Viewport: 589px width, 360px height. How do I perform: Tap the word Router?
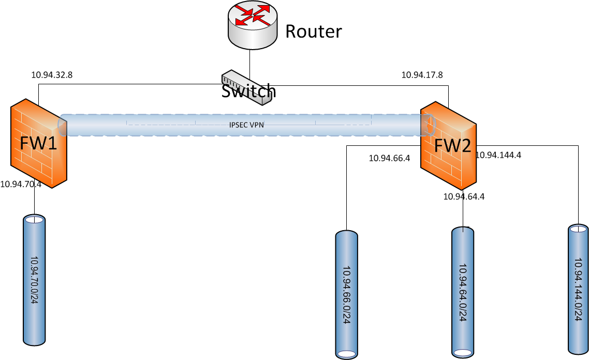pos(314,32)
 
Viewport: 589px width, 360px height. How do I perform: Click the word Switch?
pos(248,92)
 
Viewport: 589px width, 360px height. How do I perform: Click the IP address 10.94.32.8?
pos(52,75)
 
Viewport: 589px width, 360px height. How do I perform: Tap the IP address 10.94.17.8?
pos(422,75)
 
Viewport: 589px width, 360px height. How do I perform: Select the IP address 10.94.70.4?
pos(21,184)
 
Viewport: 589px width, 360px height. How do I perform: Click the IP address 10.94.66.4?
pos(389,158)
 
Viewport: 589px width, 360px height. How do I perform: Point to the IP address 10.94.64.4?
pos(464,196)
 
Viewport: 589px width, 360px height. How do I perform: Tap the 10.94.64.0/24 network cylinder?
pos(463,292)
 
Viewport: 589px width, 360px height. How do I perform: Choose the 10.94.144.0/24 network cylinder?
pos(578,290)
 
